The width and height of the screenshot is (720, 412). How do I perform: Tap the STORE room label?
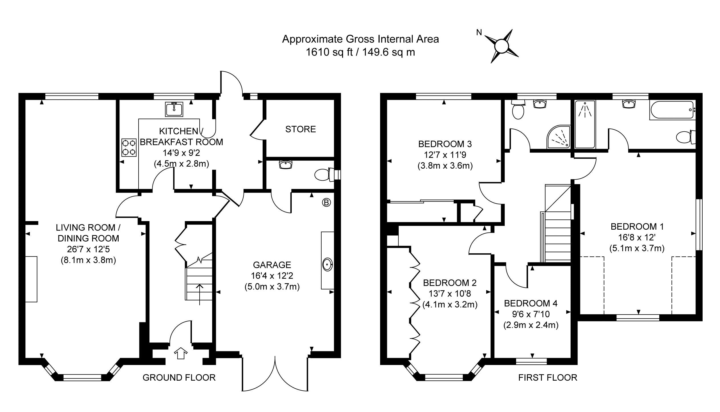[x=301, y=129]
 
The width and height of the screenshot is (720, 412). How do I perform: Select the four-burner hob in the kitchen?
[x=129, y=147]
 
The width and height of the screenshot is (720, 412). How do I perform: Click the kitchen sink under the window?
[x=174, y=109]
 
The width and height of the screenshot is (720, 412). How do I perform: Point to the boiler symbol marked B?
[x=326, y=203]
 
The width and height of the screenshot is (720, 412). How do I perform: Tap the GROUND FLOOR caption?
[x=179, y=378]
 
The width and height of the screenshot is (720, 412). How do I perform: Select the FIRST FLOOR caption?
[x=547, y=378]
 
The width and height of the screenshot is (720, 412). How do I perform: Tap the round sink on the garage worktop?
[x=327, y=265]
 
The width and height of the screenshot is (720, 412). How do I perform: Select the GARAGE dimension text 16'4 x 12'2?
[x=272, y=276]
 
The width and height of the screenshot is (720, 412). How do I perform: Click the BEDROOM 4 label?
[x=531, y=303]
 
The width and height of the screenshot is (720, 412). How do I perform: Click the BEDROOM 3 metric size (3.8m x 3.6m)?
[x=445, y=166]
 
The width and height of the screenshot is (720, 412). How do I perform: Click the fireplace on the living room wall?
[x=31, y=279]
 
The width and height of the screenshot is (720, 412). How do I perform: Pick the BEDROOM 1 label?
[x=637, y=227]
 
